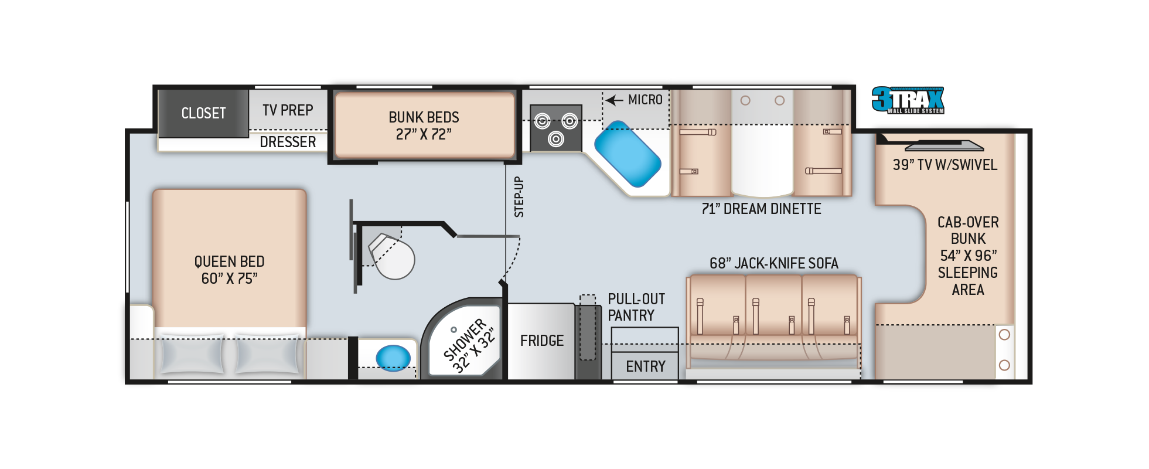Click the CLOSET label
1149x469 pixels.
tap(203, 113)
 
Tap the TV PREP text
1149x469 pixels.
tap(288, 110)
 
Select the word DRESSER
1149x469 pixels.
tap(288, 142)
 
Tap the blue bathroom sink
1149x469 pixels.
tap(393, 358)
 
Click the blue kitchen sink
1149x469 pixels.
tap(628, 154)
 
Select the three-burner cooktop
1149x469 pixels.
tap(555, 128)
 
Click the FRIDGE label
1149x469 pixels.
tap(542, 341)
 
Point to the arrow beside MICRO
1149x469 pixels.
tap(614, 100)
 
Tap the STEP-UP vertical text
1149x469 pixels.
tap(519, 197)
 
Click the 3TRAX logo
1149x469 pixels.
tap(908, 100)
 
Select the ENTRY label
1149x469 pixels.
tap(646, 366)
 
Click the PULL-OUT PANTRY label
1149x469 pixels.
tap(636, 307)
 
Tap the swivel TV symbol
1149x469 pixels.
tap(944, 146)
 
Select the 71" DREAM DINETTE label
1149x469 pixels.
tap(761, 209)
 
